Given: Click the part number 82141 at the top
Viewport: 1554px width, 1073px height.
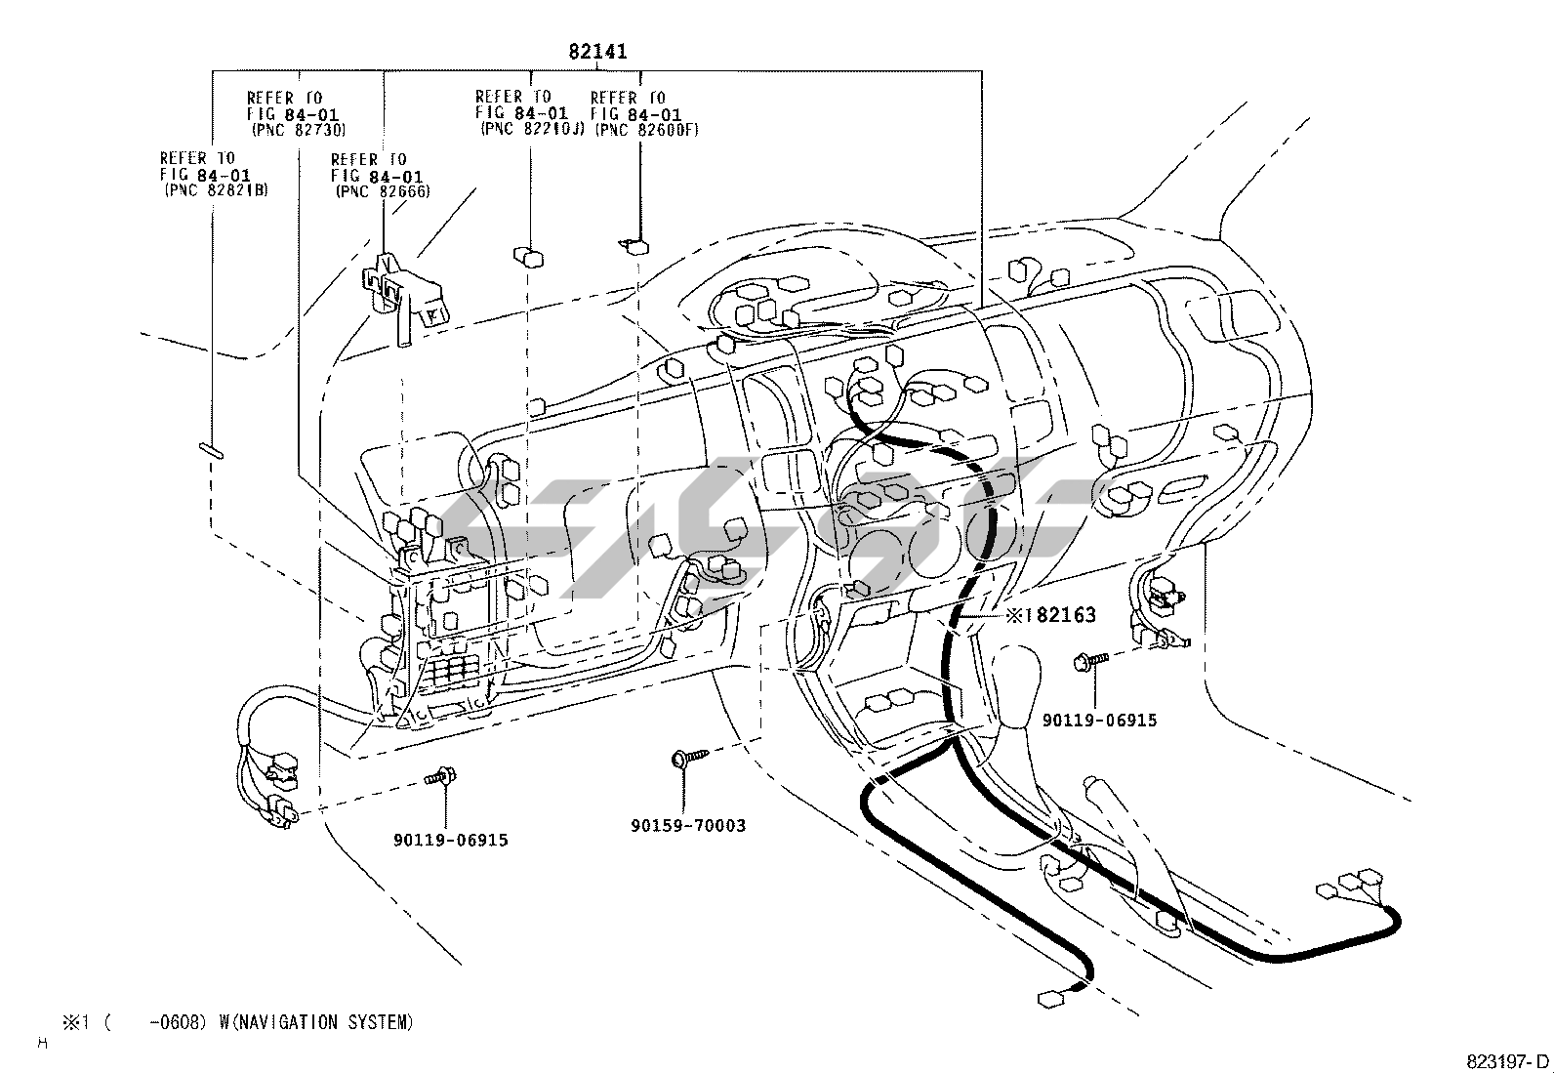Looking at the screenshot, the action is point(597,52).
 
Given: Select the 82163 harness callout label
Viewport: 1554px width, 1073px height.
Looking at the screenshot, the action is point(1051,615).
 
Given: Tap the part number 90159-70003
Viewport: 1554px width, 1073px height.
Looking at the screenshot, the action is point(688,825).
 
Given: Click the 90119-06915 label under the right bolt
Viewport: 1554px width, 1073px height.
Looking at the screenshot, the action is point(1099,721).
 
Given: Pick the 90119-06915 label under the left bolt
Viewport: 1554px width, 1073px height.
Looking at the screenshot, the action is point(451,840).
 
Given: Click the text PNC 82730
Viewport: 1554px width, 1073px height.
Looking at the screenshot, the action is point(299,130).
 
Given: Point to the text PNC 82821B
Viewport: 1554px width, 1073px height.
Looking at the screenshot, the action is point(217,190).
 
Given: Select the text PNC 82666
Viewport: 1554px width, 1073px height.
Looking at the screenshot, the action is point(384,191).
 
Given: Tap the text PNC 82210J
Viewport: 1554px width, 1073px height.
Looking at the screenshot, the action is point(532,129).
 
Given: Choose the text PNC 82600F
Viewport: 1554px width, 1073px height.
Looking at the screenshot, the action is point(647,130).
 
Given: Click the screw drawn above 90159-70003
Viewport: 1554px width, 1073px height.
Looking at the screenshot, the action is point(689,757).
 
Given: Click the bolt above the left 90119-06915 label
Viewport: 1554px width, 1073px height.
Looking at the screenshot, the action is point(441,776).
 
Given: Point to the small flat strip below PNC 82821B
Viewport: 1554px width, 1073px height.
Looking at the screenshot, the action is point(211,450).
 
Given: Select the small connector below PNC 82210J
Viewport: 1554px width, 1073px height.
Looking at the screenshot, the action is point(529,257).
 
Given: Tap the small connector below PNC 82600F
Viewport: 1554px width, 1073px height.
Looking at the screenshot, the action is point(634,246).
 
